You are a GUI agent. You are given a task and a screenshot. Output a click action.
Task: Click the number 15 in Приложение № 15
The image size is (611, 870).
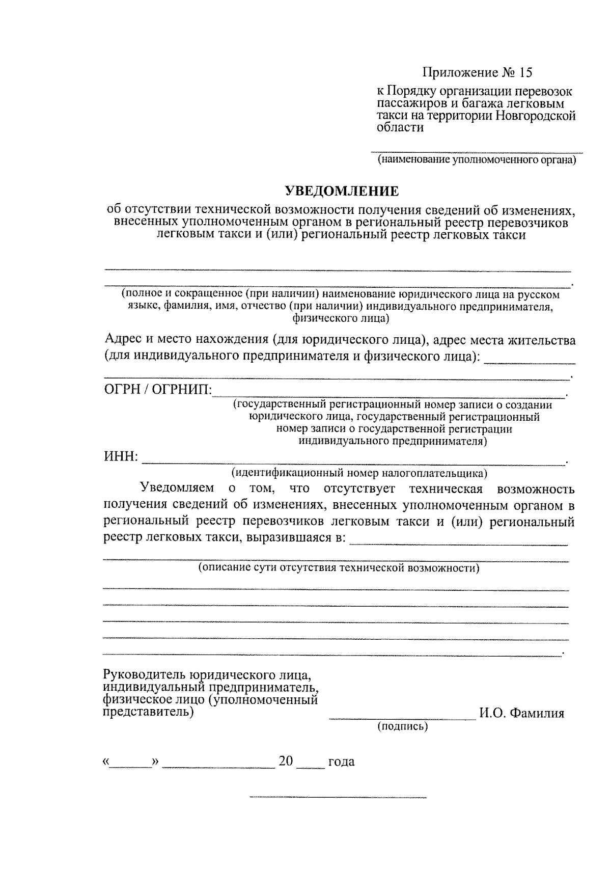(525, 72)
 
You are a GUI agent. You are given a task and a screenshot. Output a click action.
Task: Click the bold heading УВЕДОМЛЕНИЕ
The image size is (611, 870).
(341, 192)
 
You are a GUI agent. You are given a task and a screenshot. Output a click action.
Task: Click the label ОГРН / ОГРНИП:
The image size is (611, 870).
(157, 390)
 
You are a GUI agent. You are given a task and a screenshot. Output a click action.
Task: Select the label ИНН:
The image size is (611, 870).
(121, 456)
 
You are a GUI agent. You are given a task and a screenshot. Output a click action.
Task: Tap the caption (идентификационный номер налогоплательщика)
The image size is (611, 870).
(359, 473)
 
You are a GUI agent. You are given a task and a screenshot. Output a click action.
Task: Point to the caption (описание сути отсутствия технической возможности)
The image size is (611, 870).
(339, 567)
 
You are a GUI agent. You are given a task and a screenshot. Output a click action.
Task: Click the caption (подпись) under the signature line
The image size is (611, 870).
(402, 726)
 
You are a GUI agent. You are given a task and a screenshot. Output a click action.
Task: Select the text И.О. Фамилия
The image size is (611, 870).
(521, 713)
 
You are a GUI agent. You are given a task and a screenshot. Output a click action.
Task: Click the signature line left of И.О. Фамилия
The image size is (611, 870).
(402, 717)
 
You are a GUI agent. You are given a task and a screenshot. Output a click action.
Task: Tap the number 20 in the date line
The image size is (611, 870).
(286, 761)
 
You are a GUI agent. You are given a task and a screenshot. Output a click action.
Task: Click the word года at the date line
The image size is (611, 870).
(341, 762)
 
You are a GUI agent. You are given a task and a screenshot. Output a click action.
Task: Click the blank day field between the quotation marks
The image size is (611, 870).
(130, 764)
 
